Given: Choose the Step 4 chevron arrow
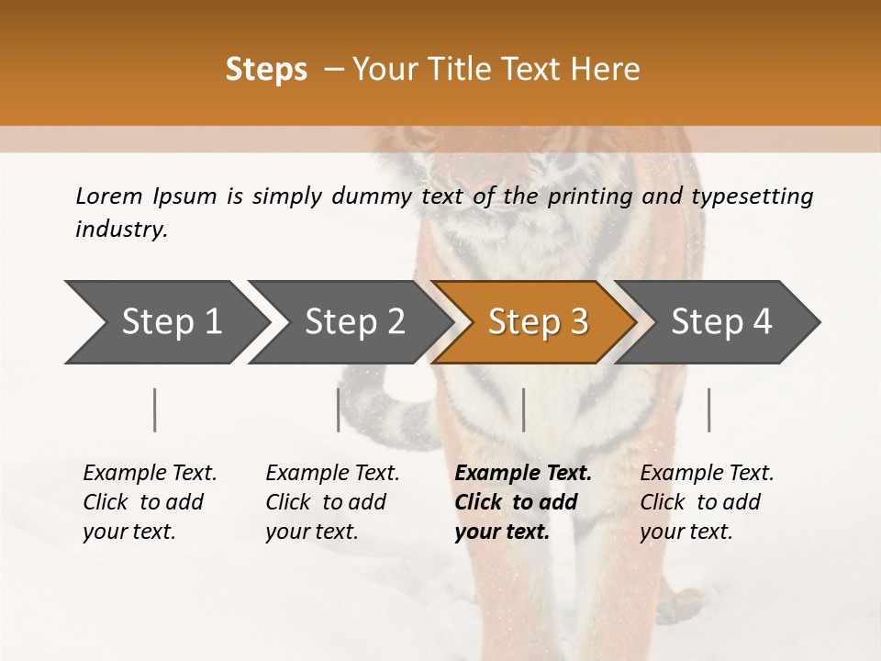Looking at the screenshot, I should click(x=721, y=321).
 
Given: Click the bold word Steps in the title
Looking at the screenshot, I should click(x=266, y=69).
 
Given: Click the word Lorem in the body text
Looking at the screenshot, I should click(x=108, y=196).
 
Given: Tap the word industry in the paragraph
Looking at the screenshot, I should click(x=120, y=230).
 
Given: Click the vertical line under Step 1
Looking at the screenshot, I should click(x=155, y=409).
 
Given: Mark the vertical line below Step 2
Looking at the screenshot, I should click(x=339, y=409).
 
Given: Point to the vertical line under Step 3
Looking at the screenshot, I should click(x=524, y=409).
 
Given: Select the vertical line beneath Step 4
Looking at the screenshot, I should click(x=709, y=409).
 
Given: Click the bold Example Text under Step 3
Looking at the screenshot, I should click(x=523, y=473).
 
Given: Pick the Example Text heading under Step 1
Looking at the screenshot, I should click(x=150, y=473).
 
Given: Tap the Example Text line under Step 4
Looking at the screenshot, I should click(x=707, y=473).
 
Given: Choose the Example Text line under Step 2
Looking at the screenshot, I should click(x=332, y=473).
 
